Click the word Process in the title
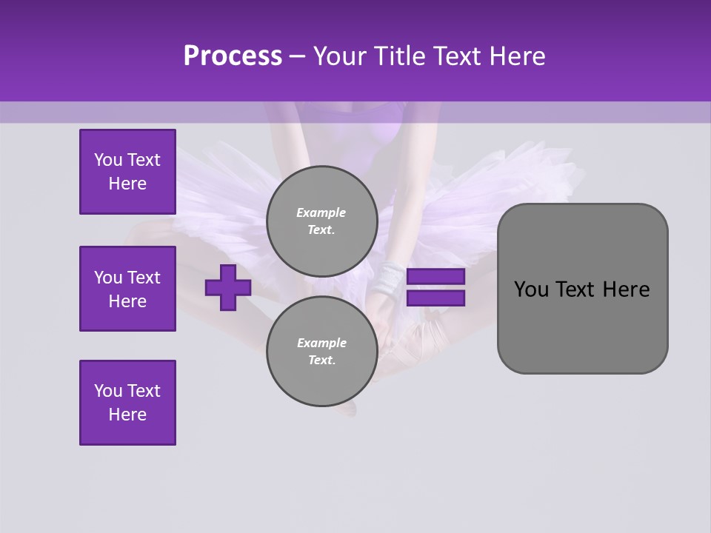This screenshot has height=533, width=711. point(233,56)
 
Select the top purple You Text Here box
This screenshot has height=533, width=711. point(127,172)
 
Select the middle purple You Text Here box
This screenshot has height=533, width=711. point(127,289)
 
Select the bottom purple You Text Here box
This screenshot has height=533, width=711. point(127,403)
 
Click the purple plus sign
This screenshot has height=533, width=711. point(228,288)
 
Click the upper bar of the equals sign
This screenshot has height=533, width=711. point(435,277)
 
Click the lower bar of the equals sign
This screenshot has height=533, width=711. point(435,298)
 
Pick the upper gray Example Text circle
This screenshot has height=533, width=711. point(321,221)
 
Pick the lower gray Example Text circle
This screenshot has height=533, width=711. point(321,351)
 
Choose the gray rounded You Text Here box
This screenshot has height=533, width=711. point(582,289)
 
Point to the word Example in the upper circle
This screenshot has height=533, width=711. point(321,212)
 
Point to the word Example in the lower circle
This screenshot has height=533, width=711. point(321,343)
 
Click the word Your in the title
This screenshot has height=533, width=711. point(339,56)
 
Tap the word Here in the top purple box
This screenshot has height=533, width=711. point(127,184)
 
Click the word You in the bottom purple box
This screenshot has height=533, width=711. point(108,391)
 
